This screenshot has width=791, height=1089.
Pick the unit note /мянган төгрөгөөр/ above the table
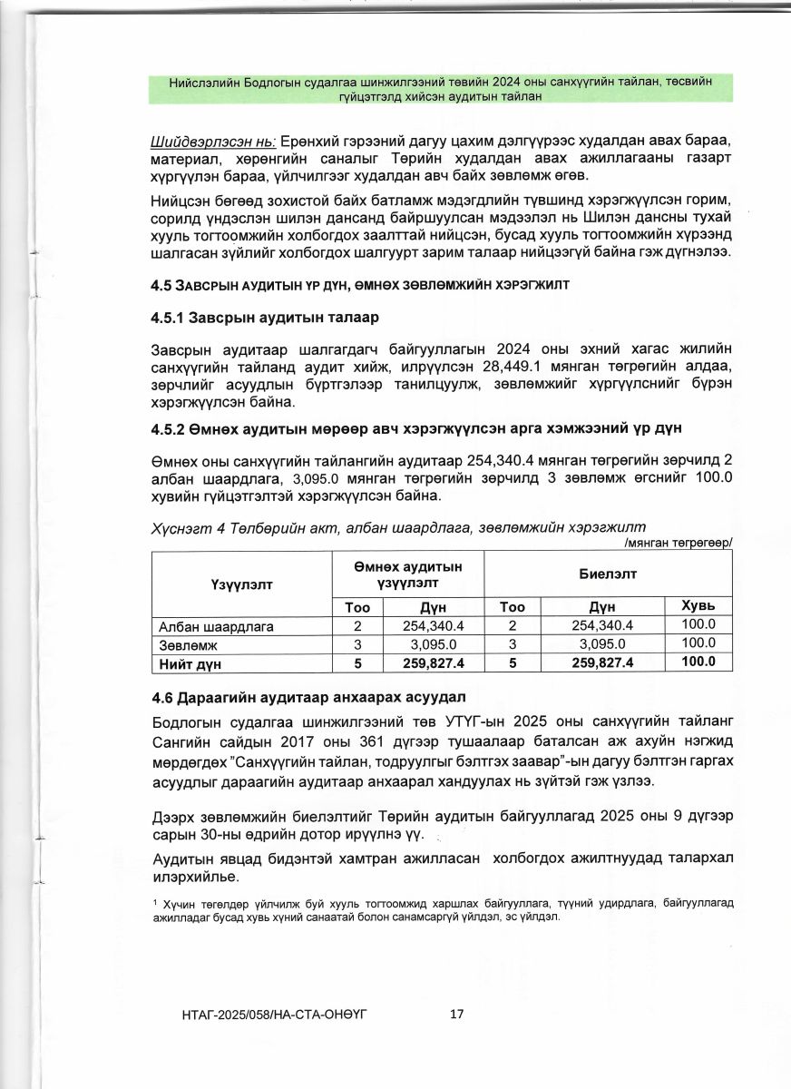pos(679,543)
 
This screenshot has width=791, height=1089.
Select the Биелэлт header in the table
pos(608,574)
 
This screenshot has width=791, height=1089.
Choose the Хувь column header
pos(698,605)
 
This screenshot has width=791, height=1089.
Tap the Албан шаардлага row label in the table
pos(217,625)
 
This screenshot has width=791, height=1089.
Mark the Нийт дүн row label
pos(191,662)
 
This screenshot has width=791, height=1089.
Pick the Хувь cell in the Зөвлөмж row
pos(698,643)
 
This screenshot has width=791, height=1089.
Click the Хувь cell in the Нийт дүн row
pos(698,662)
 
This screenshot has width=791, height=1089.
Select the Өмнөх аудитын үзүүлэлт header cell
pos(407,574)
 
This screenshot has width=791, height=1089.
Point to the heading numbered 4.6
pos(309,697)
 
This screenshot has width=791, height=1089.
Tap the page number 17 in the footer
pos(457,1014)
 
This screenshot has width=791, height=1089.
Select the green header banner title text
pos(440,88)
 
